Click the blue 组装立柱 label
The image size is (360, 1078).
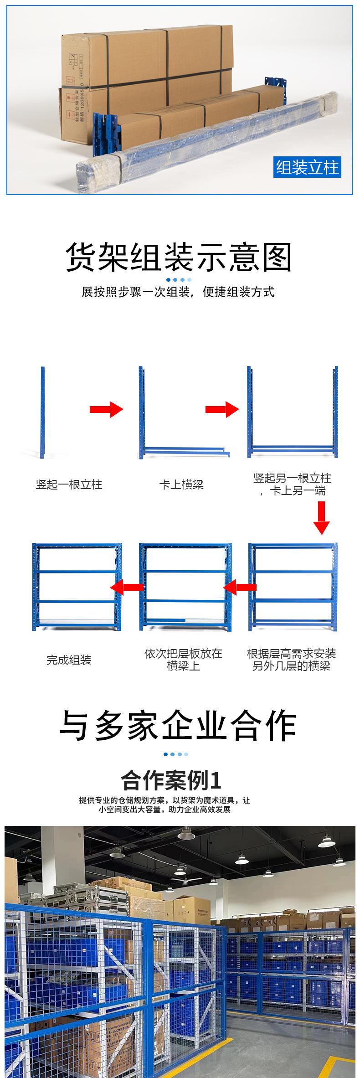click(308, 167)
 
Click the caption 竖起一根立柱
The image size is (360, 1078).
click(69, 484)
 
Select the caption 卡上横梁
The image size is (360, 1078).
click(181, 484)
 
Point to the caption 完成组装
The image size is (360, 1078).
click(69, 660)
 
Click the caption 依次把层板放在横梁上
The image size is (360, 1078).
click(183, 660)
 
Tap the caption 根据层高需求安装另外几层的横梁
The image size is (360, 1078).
click(291, 660)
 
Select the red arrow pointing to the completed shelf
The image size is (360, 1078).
click(127, 587)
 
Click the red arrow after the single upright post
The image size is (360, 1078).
click(106, 409)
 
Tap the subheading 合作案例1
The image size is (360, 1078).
click(171, 780)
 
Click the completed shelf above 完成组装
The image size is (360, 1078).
click(77, 586)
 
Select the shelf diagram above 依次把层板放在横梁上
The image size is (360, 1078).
click(185, 586)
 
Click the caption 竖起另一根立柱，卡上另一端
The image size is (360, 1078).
click(292, 484)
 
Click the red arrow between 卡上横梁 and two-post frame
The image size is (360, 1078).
click(222, 409)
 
